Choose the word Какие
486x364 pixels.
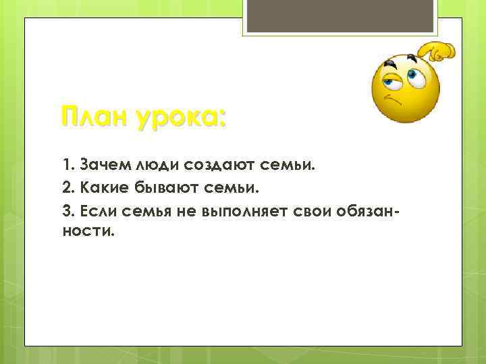(x=106, y=187)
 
